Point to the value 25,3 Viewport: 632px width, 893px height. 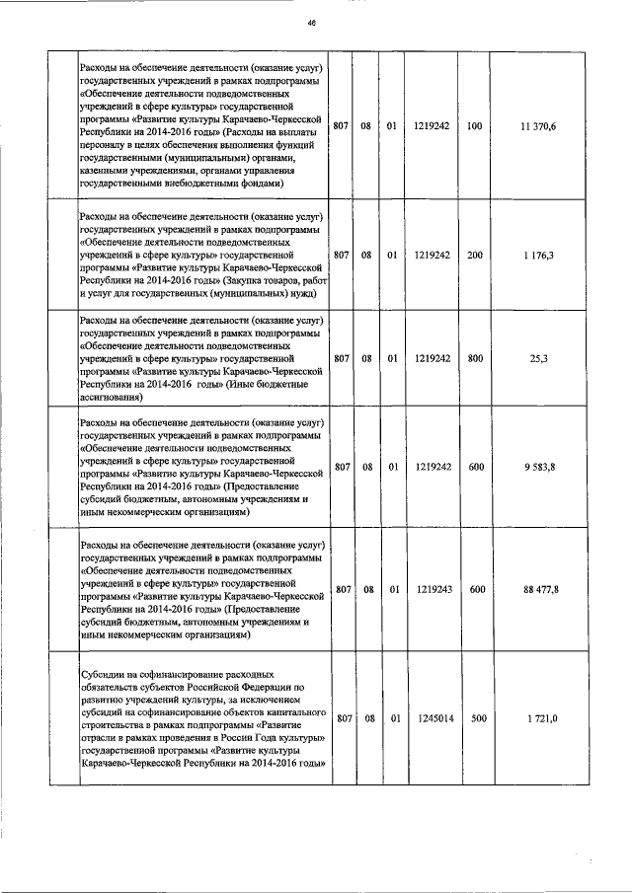(539, 360)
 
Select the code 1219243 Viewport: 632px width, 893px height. (433, 589)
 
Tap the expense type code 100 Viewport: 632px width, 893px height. (475, 127)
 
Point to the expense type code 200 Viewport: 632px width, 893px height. (475, 255)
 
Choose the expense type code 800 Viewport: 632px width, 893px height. (475, 360)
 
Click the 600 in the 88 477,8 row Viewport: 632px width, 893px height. (476, 589)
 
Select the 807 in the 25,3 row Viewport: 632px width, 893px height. (341, 360)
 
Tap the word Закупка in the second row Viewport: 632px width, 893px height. (251, 279)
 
